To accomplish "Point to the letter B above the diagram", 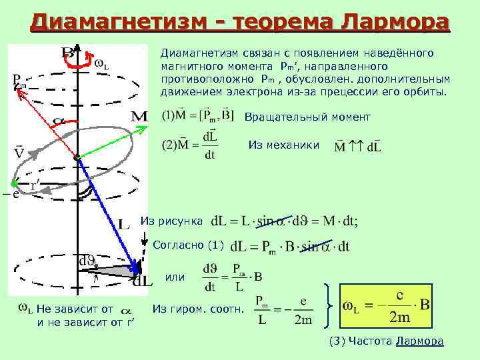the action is (67, 52).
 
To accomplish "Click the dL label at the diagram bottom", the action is (143, 281).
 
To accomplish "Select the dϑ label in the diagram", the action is (87, 261).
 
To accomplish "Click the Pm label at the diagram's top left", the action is (20, 82).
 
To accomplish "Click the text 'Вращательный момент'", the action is (307, 117).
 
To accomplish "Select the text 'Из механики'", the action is (284, 145).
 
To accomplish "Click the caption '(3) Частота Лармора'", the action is (387, 342).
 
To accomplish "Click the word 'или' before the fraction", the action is (175, 277).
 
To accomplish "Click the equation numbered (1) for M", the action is (198, 116).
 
